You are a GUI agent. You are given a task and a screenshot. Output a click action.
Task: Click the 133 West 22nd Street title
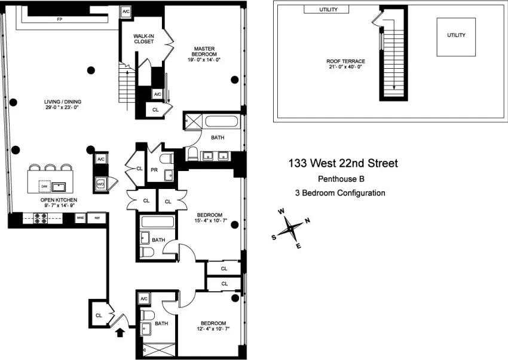[x=342, y=163]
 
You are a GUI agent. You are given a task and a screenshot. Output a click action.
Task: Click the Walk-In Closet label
[x=143, y=39]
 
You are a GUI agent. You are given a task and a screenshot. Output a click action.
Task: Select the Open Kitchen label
[x=58, y=203]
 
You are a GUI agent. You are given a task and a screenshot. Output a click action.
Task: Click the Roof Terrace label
[x=345, y=64]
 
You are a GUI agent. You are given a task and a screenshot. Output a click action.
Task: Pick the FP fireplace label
[x=59, y=19]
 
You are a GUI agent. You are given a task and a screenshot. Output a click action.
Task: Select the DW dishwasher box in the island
[x=44, y=185]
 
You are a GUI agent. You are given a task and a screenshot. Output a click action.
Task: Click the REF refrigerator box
[x=97, y=219]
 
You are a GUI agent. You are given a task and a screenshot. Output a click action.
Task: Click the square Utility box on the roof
[x=455, y=36]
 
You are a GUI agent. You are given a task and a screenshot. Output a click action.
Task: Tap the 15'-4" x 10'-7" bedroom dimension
[x=209, y=222]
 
